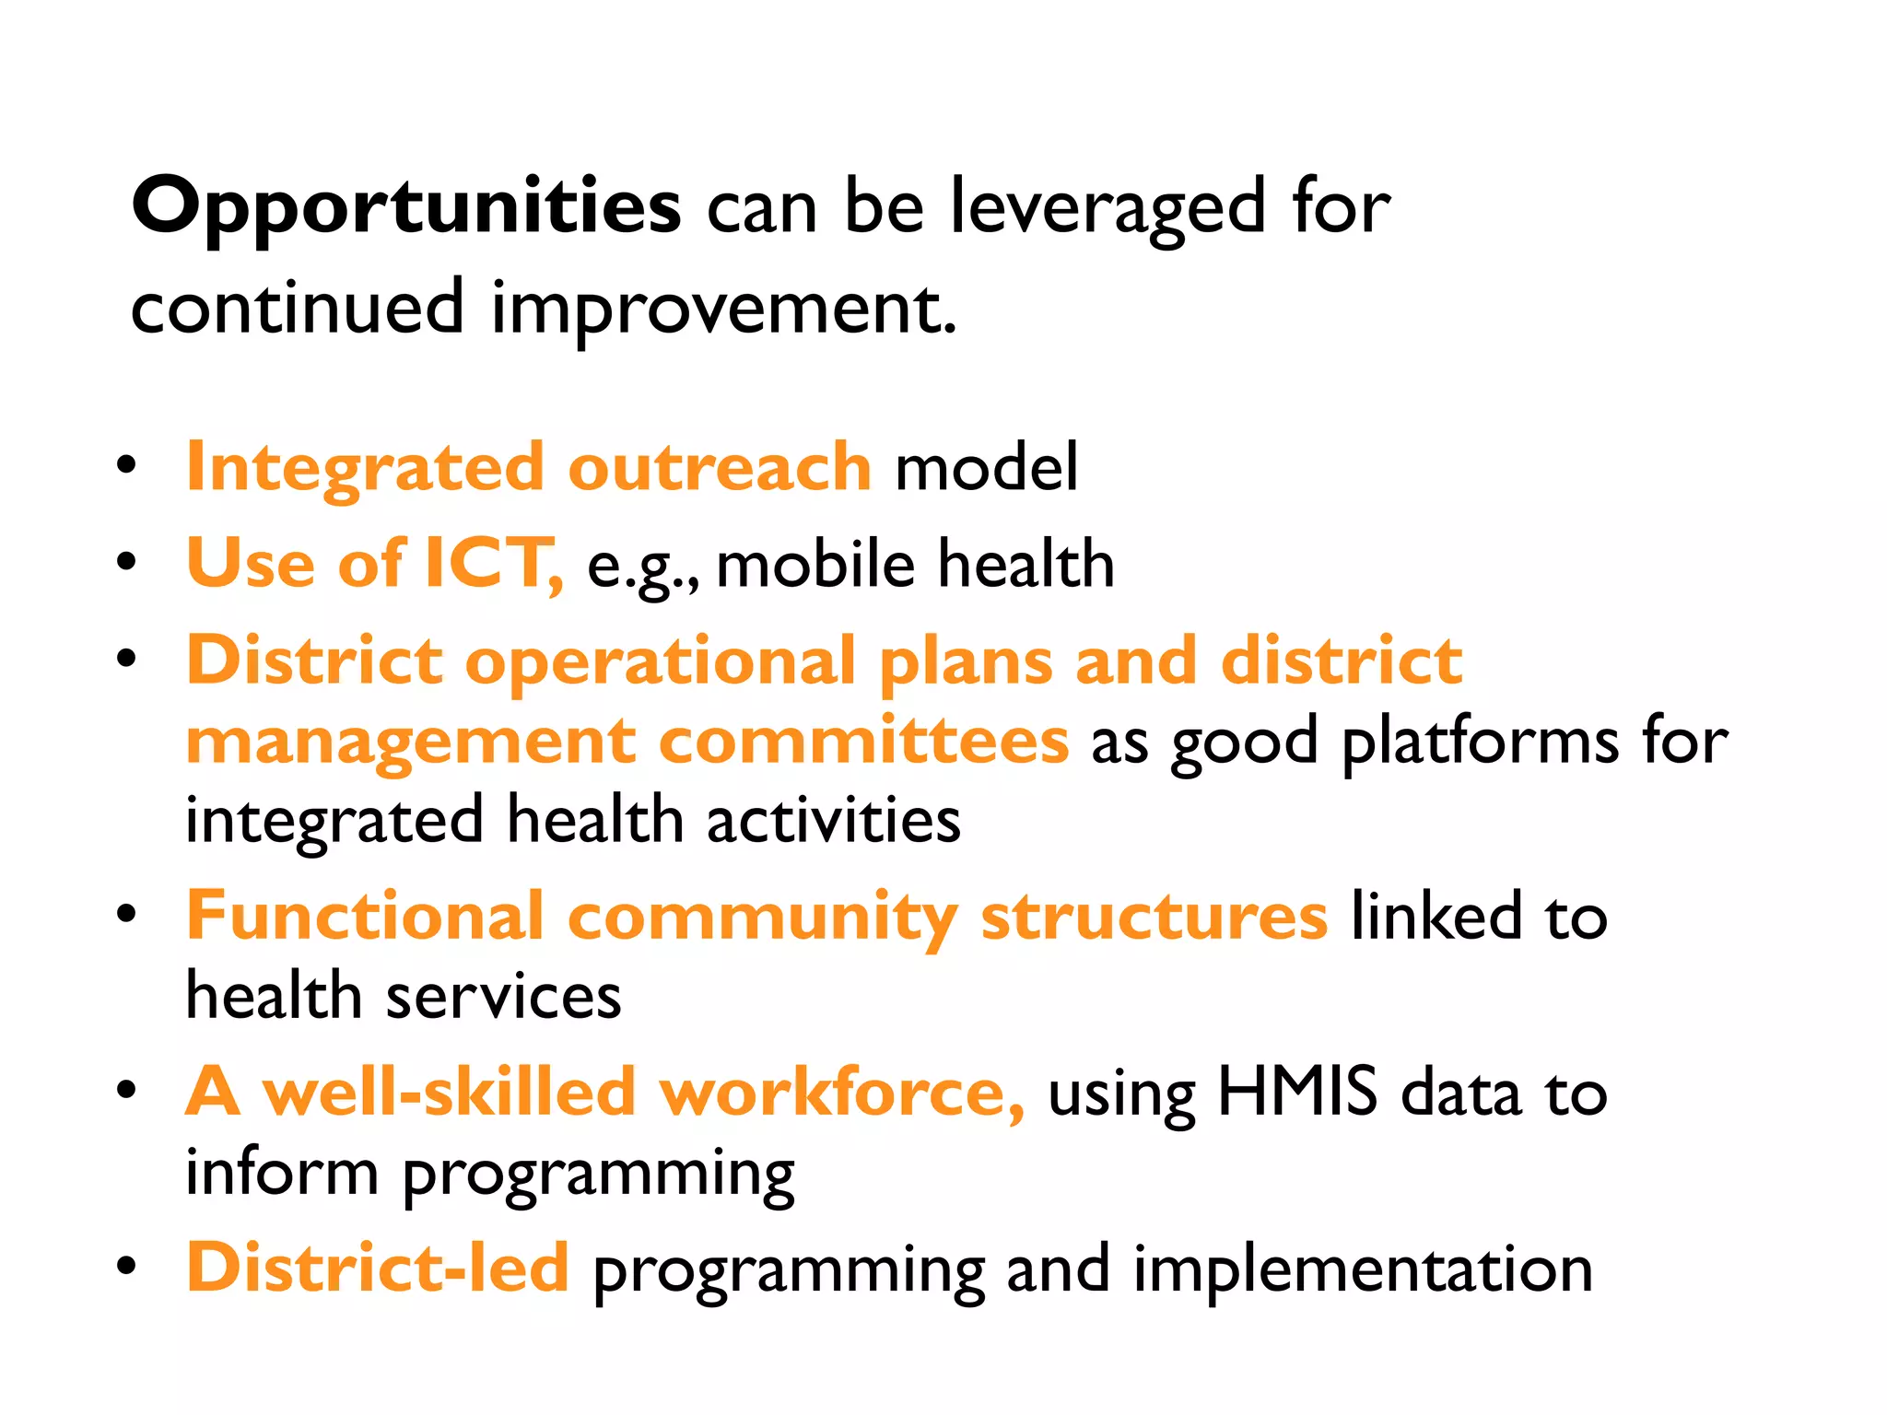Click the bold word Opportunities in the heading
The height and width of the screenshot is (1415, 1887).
(405, 207)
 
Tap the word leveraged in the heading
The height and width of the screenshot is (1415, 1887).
(1107, 207)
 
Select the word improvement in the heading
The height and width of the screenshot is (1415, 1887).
(723, 309)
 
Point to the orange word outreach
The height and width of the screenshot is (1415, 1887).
(719, 467)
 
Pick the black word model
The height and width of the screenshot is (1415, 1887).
(986, 467)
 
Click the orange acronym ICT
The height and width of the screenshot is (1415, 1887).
(488, 563)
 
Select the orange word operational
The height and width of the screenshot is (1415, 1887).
(660, 661)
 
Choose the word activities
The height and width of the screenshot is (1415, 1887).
(834, 819)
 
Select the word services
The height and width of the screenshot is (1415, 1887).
(503, 996)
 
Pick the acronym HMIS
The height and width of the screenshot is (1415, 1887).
(1297, 1092)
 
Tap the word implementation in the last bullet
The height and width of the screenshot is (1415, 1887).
(1363, 1269)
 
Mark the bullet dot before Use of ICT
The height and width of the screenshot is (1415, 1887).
(127, 561)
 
